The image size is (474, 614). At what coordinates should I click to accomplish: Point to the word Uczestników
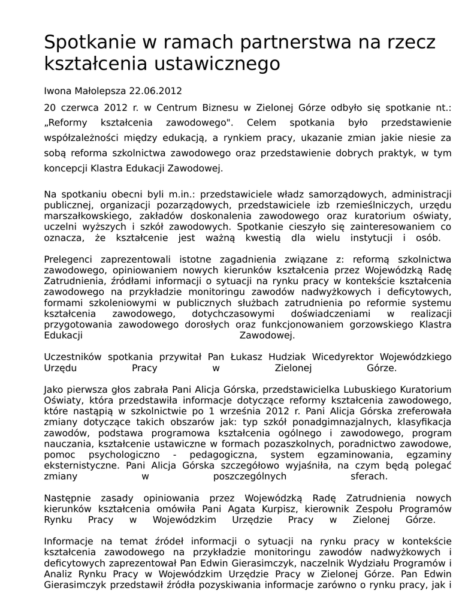click(74, 357)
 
